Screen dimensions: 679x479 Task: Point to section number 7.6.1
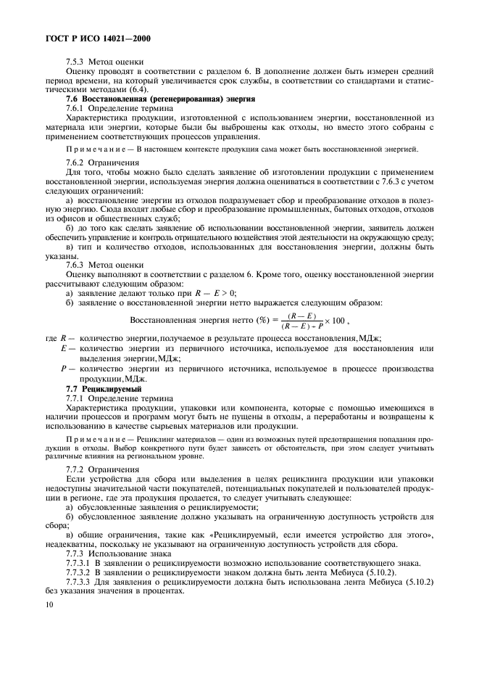(x=75, y=107)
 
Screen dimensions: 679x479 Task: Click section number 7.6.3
(x=75, y=265)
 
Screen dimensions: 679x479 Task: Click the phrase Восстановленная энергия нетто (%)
(x=195, y=321)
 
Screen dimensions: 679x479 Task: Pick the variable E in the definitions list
(x=64, y=349)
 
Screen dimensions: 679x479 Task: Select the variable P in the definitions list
(x=64, y=369)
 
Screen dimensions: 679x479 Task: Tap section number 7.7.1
(x=75, y=398)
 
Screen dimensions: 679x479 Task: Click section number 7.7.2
(x=75, y=469)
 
